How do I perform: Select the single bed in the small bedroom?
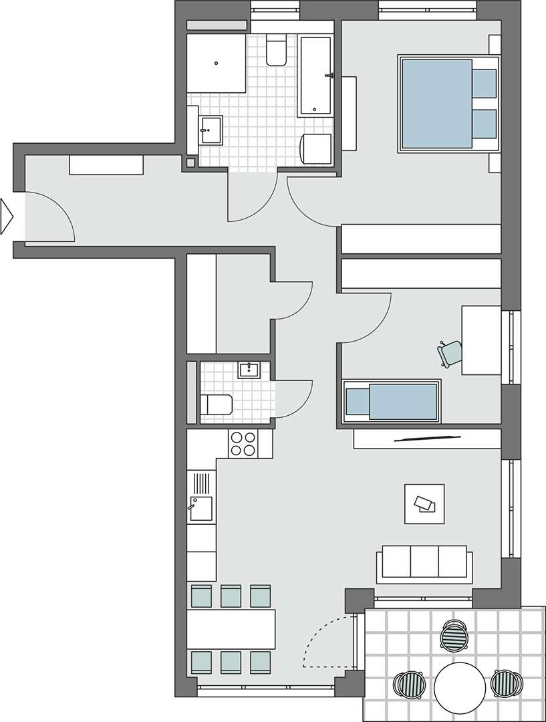[x=391, y=402]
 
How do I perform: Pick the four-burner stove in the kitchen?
[x=243, y=443]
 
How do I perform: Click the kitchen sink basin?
[x=201, y=509]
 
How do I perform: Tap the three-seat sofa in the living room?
[x=424, y=562]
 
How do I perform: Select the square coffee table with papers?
[x=424, y=503]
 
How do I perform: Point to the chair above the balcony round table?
[x=455, y=635]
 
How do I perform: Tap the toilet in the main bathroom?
[x=276, y=52]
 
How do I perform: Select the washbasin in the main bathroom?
[x=211, y=128]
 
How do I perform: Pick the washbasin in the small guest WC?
[x=249, y=370]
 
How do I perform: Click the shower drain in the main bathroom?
[x=217, y=64]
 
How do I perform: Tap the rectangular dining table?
[x=231, y=628]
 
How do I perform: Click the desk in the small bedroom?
[x=481, y=340]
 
